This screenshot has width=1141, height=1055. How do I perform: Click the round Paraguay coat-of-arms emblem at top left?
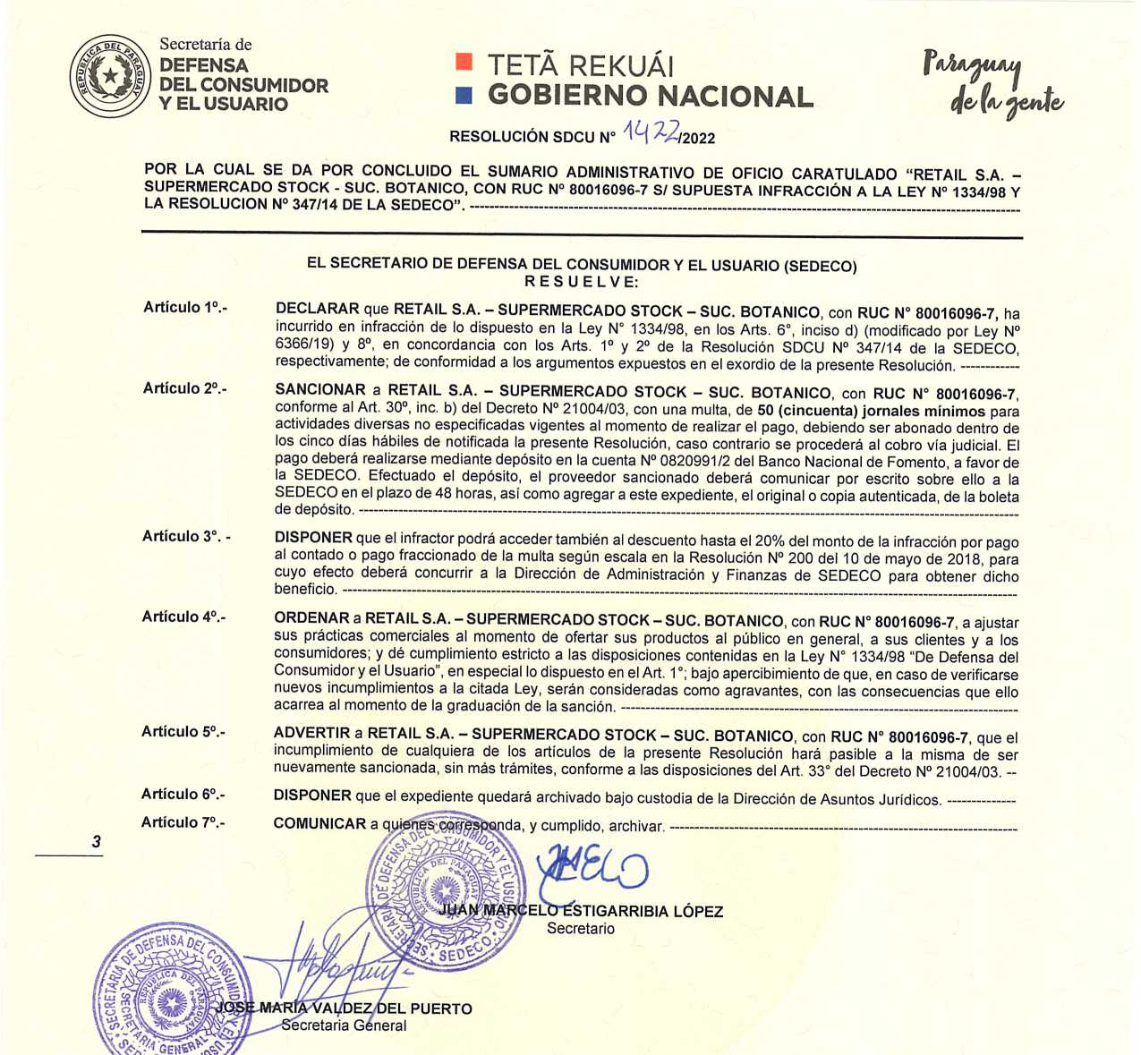coord(110,77)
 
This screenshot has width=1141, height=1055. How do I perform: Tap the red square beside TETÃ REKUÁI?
coord(464,61)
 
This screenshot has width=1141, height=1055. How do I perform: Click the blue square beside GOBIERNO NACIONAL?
coord(464,95)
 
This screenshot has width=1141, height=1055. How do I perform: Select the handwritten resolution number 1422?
coord(651,132)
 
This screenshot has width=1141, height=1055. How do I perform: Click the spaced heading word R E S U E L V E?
coord(581,282)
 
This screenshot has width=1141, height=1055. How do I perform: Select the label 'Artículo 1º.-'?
coord(185,307)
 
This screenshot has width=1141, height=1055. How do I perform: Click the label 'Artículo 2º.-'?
coord(184,388)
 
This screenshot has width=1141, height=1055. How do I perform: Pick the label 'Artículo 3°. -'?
coord(186,536)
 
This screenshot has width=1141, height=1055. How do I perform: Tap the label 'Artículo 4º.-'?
coord(183,617)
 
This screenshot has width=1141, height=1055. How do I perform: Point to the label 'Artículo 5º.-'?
coord(183,732)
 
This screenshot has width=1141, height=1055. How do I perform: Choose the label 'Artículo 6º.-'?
coord(183,794)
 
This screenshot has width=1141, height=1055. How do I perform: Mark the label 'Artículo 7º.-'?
coord(183,822)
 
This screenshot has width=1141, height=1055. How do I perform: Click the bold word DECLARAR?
coord(317,309)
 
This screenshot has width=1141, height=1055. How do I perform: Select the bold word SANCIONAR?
coord(320,390)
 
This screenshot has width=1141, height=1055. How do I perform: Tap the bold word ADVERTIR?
coord(311,734)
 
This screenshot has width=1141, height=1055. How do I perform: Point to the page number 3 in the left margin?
coord(96,841)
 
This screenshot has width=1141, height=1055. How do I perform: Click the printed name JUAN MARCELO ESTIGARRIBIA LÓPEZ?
coord(582,911)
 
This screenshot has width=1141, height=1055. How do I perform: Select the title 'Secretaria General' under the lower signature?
coord(344,1025)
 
